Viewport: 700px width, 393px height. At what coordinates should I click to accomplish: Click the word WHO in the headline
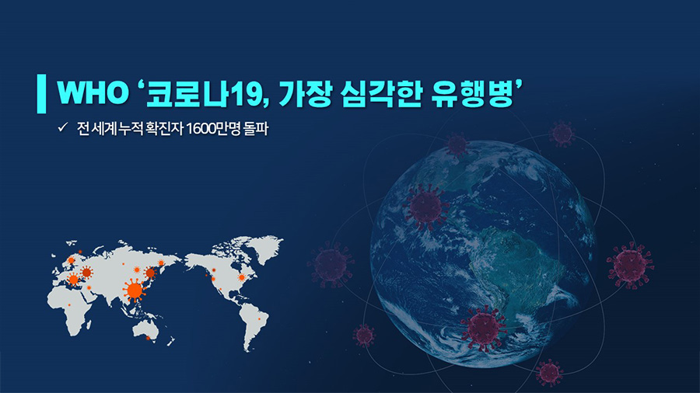tap(93, 93)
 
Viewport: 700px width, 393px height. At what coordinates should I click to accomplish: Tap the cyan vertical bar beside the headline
tap(41, 93)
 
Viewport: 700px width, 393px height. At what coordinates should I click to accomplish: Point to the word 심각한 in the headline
tap(380, 94)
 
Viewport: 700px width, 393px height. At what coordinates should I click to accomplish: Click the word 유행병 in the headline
tap(471, 94)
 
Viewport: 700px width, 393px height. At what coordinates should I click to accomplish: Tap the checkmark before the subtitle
tap(62, 127)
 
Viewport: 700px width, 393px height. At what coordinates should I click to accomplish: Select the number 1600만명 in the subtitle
tap(213, 129)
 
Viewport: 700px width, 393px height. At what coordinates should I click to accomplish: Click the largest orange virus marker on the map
tap(135, 290)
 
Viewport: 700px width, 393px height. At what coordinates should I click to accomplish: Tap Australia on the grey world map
tap(146, 330)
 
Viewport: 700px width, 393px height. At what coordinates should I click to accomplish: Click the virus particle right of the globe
tap(630, 265)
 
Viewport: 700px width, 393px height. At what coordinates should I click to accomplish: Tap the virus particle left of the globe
tap(331, 265)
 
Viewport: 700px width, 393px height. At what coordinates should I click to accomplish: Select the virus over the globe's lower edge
tap(484, 328)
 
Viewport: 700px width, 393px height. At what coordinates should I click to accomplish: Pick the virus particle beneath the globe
tap(549, 373)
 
